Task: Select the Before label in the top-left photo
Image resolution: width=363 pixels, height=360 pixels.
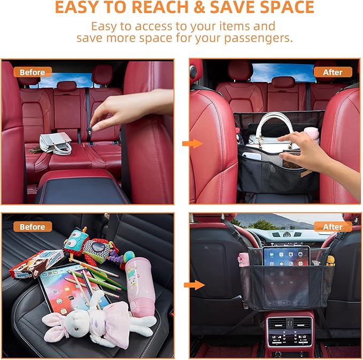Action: tap(33, 72)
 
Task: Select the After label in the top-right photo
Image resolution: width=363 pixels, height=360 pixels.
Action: tap(333, 72)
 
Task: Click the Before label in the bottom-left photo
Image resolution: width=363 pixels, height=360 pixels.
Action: tap(33, 227)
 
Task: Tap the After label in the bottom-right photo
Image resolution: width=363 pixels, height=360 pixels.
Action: tap(333, 227)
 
